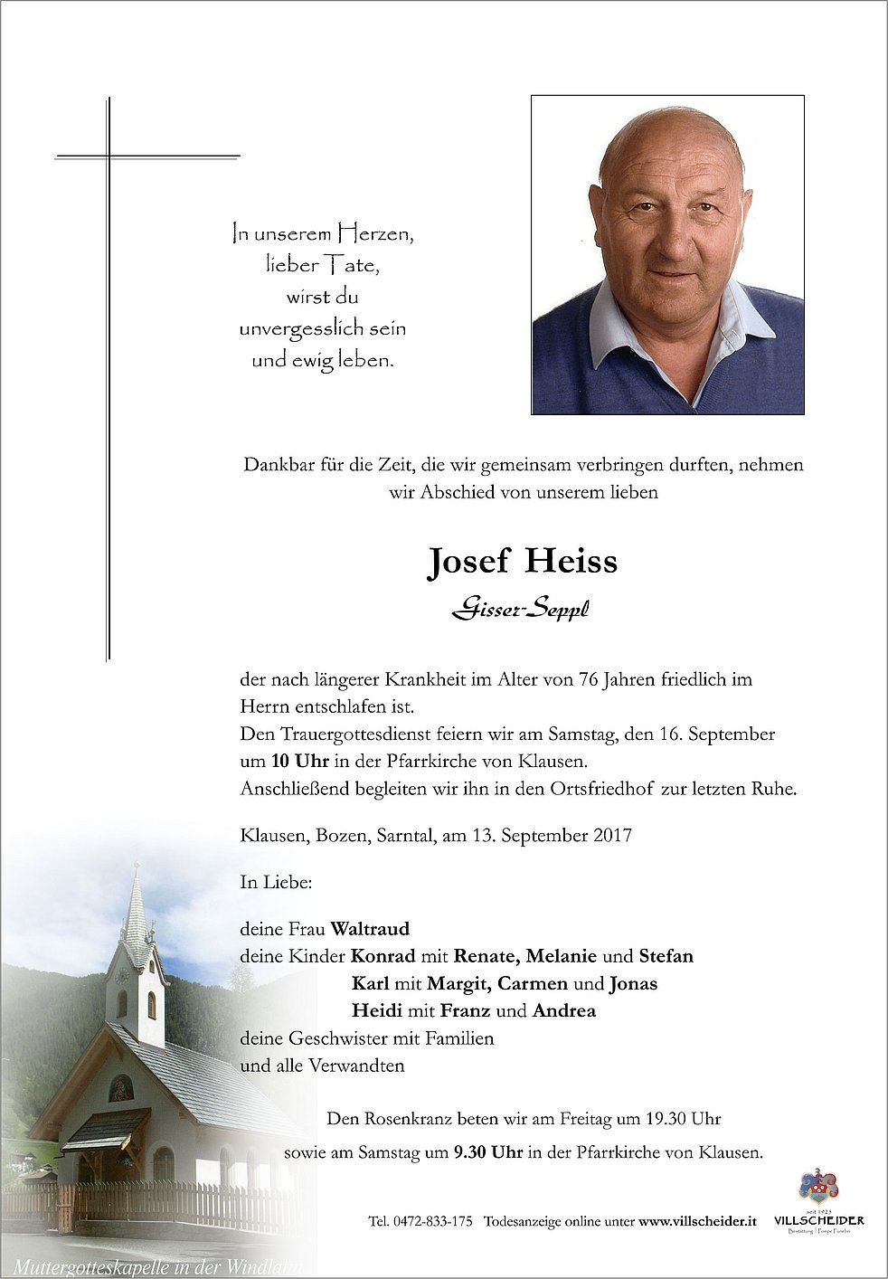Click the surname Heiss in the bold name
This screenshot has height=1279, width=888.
[572, 562]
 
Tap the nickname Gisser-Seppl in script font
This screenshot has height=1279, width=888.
[521, 612]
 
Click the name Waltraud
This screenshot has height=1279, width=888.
[370, 928]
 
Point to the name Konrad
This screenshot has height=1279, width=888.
[383, 956]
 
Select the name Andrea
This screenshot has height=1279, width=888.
[564, 1011]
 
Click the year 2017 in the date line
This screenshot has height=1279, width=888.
[612, 835]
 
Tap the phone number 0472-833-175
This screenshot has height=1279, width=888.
[432, 1221]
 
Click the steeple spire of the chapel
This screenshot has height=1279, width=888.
[137, 905]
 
